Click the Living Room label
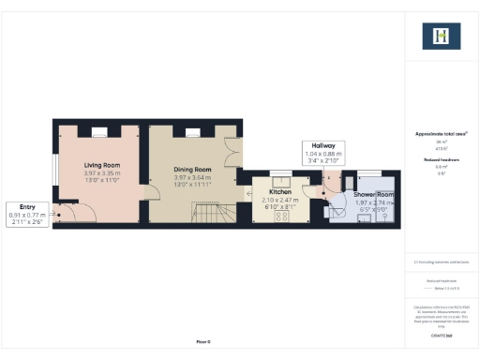[98, 165]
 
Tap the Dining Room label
[191, 170]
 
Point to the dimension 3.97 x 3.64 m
[191, 177]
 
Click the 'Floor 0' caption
[203, 341]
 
